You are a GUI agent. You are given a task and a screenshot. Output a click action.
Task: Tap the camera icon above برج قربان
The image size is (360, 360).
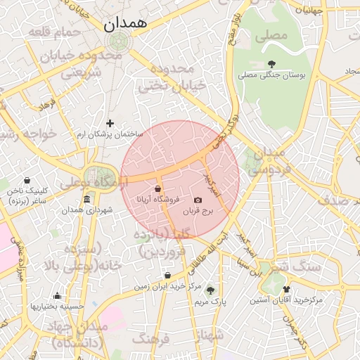coord(198,200)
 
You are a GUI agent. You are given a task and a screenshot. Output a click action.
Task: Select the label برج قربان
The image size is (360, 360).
coord(198,211)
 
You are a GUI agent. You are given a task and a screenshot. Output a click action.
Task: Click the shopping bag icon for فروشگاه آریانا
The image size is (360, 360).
coord(157,188)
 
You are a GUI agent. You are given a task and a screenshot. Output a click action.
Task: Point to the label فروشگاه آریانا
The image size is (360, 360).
coord(162,199)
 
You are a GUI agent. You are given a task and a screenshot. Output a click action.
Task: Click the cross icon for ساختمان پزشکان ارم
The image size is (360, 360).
coord(110,123)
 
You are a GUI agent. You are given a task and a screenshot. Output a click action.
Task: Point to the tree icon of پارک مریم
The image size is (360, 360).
coord(210,290)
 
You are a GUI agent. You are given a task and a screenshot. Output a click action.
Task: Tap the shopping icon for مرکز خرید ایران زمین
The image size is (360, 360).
coord(167,276)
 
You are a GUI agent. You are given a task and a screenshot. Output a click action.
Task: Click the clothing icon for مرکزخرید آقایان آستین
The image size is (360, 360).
coord(286,289)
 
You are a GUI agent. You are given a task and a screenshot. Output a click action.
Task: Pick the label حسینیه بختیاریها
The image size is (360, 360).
coord(57,306)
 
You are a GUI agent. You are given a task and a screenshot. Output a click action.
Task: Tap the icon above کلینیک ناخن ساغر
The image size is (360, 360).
coord(27,180)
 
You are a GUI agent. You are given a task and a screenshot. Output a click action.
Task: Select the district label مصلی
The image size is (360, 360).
coord(272,34)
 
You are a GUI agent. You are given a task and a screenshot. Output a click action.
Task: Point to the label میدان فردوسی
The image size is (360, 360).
coord(266,161)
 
